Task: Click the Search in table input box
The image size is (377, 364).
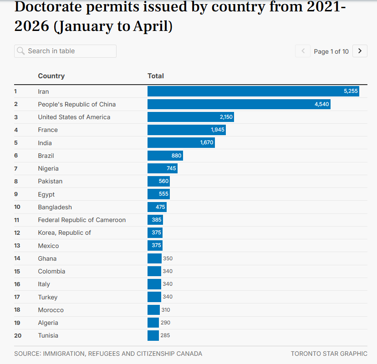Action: (x=65, y=51)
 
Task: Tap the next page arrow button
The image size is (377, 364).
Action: (x=360, y=51)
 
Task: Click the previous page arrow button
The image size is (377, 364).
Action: (x=303, y=51)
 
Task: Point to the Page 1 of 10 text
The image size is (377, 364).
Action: (x=331, y=51)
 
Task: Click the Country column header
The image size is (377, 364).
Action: (x=51, y=76)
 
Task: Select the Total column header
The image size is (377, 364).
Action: (x=156, y=76)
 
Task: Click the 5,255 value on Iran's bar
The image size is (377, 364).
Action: (x=351, y=91)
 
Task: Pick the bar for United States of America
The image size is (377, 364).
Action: (x=191, y=117)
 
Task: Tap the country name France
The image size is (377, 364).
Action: (x=48, y=130)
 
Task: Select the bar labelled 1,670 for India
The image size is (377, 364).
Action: (x=181, y=143)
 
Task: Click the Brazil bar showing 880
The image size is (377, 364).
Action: (x=165, y=156)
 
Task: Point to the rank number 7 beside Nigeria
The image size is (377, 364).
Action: (x=16, y=168)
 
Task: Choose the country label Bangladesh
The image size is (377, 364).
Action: (x=55, y=207)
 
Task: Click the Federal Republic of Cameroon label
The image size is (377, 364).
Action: (x=82, y=220)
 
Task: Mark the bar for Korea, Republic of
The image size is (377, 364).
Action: (x=155, y=233)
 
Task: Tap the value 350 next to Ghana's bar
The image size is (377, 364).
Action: (x=168, y=258)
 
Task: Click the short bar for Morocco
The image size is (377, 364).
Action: (x=153, y=310)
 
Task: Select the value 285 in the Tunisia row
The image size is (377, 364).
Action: (x=165, y=335)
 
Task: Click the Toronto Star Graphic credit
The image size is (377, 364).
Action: (x=329, y=354)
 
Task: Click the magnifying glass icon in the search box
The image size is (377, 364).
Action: (x=21, y=51)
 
